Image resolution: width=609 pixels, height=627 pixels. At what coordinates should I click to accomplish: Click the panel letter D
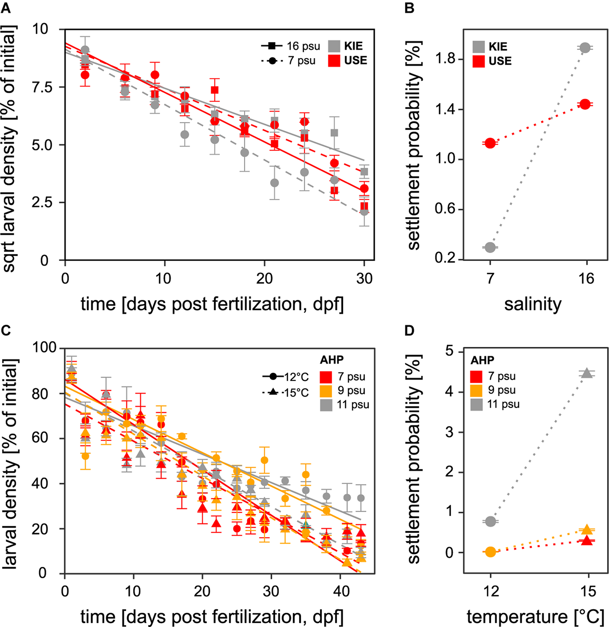point(410,331)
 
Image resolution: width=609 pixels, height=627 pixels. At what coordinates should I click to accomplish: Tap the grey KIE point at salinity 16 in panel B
point(585,48)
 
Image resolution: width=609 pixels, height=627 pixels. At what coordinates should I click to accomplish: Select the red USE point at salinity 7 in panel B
point(490,143)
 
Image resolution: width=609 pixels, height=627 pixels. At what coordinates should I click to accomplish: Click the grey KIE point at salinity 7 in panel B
point(490,247)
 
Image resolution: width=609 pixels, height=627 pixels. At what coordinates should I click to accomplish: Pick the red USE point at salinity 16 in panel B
point(585,104)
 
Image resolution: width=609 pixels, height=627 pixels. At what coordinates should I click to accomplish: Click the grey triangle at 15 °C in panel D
point(587,373)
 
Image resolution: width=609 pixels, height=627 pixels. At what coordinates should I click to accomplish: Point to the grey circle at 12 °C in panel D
point(490,521)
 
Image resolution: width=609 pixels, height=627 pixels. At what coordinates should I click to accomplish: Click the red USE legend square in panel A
point(334,61)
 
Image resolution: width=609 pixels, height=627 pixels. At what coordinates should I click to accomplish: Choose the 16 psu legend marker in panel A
point(272,46)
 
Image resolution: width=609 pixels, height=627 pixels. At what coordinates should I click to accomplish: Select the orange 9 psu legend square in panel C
point(326,391)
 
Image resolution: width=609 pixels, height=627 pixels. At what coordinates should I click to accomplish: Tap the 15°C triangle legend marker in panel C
point(273,392)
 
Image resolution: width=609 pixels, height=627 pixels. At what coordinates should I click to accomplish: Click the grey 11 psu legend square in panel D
point(477,404)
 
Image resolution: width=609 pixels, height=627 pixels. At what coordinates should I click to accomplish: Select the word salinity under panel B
point(533,304)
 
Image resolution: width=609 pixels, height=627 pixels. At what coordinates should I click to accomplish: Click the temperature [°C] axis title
point(535,616)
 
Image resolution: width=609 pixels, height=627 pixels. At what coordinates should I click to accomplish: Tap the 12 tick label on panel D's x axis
point(490,591)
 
